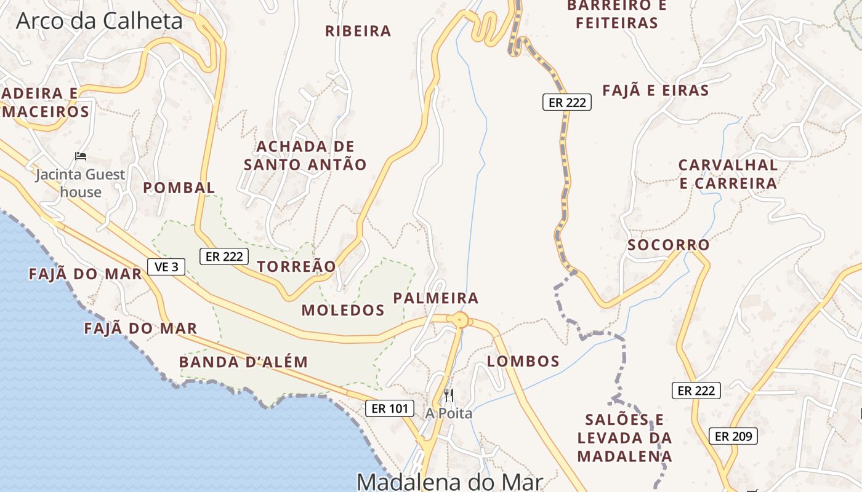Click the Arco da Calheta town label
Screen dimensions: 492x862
click(99, 21)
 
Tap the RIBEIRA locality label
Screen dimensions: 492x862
click(358, 31)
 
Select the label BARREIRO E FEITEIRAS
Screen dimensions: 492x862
click(616, 14)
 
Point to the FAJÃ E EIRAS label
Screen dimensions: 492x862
click(656, 90)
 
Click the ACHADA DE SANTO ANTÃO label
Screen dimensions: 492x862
click(305, 156)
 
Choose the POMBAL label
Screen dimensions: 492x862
click(179, 188)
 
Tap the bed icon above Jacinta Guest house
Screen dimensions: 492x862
click(80, 156)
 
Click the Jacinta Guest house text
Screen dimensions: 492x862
click(80, 183)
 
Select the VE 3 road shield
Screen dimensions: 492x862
click(166, 267)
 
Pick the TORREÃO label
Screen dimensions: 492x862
click(297, 266)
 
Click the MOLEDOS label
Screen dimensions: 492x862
click(343, 310)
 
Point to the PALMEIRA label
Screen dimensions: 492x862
click(436, 298)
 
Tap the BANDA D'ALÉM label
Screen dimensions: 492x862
click(243, 362)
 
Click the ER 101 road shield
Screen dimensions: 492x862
click(389, 408)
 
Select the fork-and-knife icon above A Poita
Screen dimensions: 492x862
click(449, 395)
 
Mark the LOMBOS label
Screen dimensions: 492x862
click(523, 361)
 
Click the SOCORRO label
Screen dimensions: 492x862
click(669, 245)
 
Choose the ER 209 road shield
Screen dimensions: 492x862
click(733, 437)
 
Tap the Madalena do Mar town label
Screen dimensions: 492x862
click(449, 481)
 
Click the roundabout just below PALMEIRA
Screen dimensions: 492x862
click(459, 320)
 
